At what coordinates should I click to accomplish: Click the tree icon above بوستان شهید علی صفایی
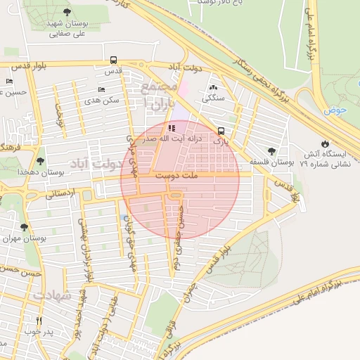67,12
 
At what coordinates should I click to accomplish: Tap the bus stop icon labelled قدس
114,60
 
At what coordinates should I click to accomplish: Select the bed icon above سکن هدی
101,90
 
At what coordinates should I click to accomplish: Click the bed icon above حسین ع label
9,81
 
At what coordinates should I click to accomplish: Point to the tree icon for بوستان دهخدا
40,161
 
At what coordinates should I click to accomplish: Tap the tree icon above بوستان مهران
25,227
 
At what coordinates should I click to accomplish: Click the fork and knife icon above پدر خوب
39,319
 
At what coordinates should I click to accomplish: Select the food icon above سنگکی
212,87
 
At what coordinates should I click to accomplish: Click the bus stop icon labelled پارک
221,131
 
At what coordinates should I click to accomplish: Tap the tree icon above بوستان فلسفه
271,151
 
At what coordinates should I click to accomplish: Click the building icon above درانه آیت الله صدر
172,129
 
